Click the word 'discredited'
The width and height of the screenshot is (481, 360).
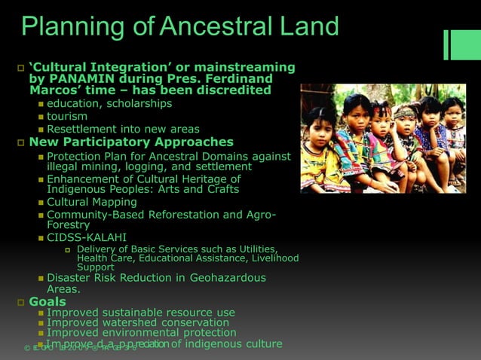233,90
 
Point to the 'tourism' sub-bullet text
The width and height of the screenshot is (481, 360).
67,116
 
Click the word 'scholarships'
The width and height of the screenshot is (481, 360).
139,103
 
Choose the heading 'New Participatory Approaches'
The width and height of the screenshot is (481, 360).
131,142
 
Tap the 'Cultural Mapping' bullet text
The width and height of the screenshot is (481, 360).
92,202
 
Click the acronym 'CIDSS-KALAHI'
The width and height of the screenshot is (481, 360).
87,238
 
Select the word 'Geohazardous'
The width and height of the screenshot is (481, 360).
227,278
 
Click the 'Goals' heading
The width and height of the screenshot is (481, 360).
47,302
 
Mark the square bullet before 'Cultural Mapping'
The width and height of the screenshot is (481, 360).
41,203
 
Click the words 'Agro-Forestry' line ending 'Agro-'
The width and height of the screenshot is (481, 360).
259,215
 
